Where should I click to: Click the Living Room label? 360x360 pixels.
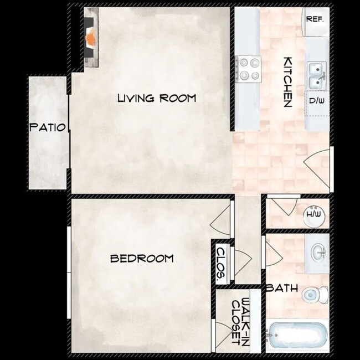(x=157, y=99)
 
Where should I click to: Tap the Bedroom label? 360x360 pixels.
(x=141, y=258)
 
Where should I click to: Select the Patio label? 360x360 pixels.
(x=48, y=127)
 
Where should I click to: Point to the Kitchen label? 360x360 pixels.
(x=288, y=82)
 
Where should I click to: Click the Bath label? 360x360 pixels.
(x=282, y=288)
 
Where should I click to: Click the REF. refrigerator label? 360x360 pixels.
(x=315, y=19)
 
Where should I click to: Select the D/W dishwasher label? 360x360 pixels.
(x=316, y=101)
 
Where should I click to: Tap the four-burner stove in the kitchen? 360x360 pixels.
(x=249, y=70)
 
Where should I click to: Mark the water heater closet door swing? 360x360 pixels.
(x=284, y=207)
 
